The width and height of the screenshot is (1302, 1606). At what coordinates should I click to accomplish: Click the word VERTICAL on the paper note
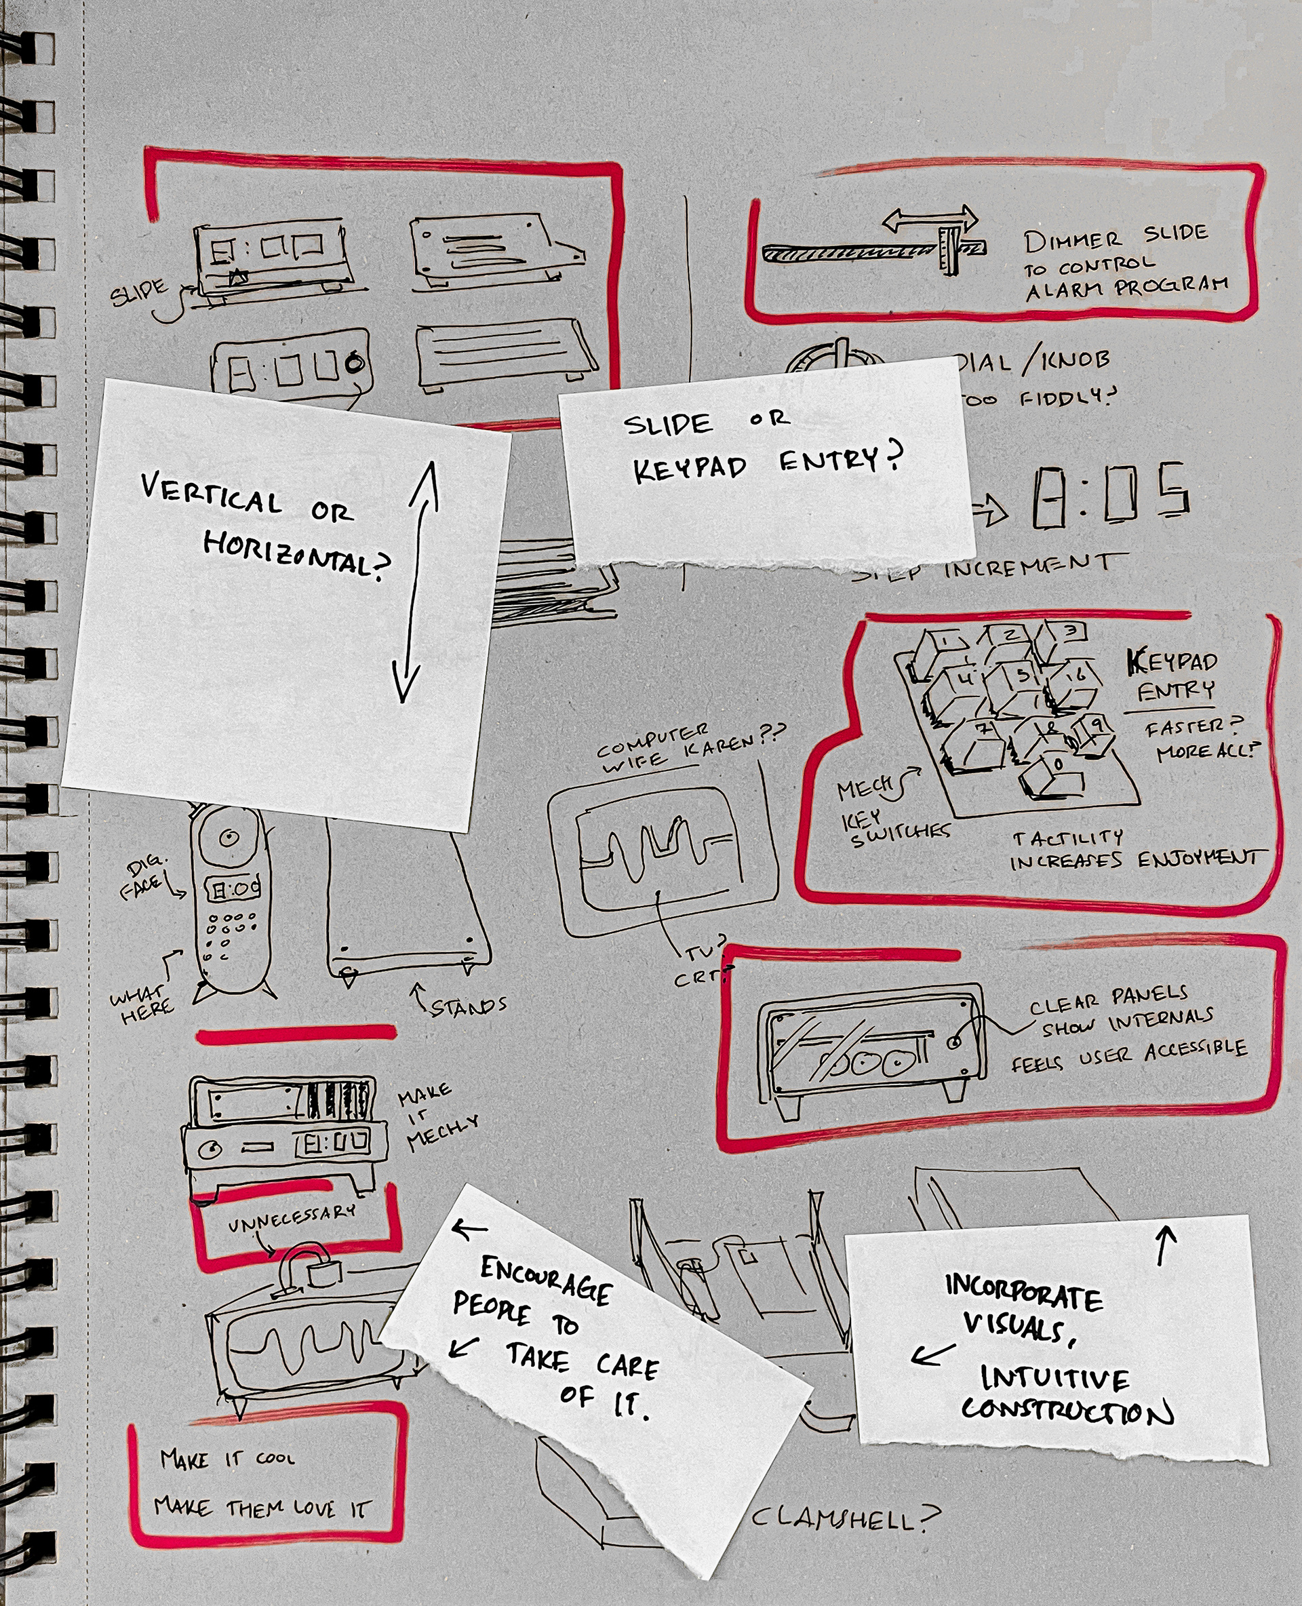pyautogui.click(x=211, y=496)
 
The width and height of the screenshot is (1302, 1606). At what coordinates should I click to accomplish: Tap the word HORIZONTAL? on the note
pyautogui.click(x=298, y=555)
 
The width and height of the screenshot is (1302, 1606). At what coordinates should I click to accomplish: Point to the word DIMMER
pyautogui.click(x=1073, y=241)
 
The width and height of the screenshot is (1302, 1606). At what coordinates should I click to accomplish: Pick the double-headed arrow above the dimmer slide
pyautogui.click(x=930, y=220)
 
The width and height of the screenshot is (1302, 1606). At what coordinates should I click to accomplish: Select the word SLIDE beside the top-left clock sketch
pyautogui.click(x=139, y=293)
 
